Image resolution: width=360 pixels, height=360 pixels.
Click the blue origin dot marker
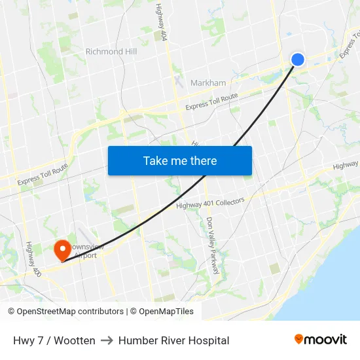coord(297,60)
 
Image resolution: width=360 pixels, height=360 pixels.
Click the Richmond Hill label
coord(111,51)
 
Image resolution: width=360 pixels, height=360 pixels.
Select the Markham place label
coord(208,83)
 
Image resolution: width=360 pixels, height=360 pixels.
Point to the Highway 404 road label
coord(160,23)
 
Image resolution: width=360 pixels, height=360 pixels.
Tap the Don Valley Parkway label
coord(212,246)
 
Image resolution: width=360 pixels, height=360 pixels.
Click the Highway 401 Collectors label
coord(210,204)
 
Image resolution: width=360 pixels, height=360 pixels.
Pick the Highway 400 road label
coord(33,259)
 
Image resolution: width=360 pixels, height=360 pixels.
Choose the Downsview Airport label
coord(85,251)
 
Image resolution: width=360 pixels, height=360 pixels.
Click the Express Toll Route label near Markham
coord(211,102)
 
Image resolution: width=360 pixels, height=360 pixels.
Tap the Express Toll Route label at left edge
coord(43,174)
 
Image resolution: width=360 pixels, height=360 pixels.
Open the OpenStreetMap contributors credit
coord(65,312)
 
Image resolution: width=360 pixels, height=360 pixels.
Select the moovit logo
coord(321,340)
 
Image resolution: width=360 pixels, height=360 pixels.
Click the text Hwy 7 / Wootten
coord(54,340)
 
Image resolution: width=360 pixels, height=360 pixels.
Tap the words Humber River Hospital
coord(174,340)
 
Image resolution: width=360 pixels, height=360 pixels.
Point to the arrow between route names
coord(107,340)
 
